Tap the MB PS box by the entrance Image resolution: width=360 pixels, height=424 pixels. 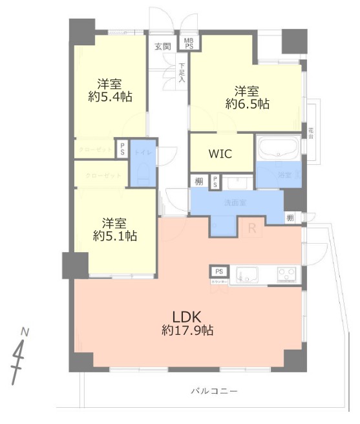click(189, 43)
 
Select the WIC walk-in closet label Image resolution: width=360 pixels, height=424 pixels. click(220, 153)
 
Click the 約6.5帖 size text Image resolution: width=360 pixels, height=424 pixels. click(248, 103)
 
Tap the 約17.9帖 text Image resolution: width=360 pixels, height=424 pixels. click(187, 331)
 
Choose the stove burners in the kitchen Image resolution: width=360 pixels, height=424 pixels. click(287, 274)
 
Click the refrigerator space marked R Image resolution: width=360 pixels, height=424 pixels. click(252, 227)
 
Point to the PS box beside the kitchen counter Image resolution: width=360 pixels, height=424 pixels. click(219, 271)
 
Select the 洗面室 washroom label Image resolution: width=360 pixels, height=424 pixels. click(236, 203)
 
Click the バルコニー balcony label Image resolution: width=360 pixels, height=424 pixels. click(214, 391)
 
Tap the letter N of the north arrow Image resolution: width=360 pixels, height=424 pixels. click(25, 332)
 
